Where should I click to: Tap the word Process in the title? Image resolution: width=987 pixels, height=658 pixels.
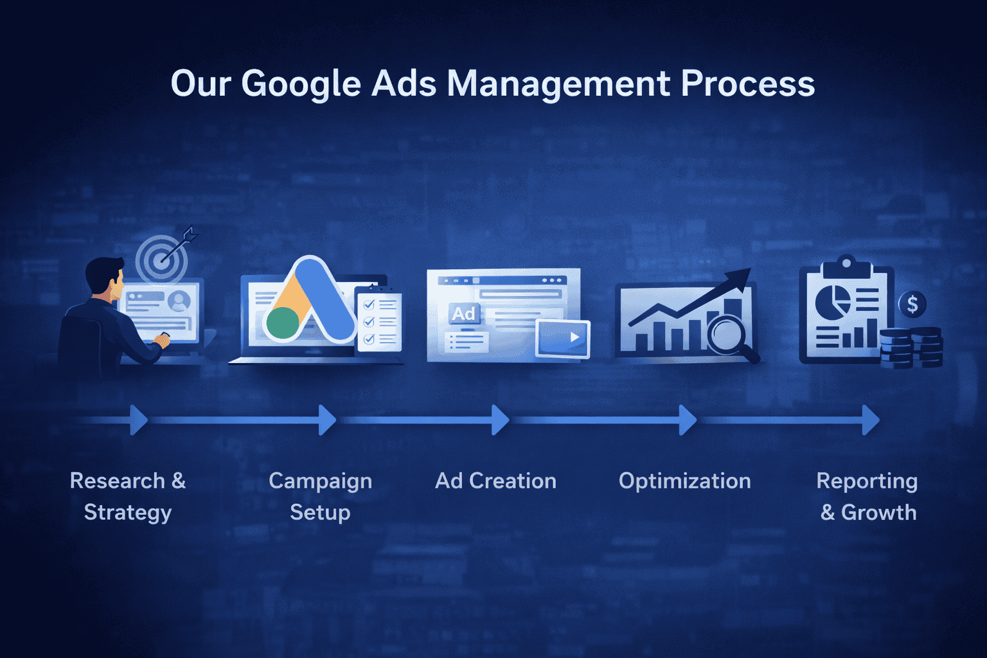tap(748, 84)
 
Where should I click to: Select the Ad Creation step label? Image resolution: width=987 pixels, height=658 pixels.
tap(495, 481)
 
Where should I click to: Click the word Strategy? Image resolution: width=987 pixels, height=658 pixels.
tap(128, 513)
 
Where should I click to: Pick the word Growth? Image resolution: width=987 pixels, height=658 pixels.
tap(878, 512)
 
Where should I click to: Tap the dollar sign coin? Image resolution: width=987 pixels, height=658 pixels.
tap(912, 304)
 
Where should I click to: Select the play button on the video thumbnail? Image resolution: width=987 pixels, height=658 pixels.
tap(574, 337)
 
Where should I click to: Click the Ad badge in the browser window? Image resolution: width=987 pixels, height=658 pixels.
tap(463, 314)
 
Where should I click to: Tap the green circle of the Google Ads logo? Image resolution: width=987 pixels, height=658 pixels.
tap(283, 323)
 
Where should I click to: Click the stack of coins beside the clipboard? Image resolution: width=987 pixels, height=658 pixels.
tap(911, 348)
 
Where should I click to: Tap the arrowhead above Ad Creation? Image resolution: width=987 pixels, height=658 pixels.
tap(501, 420)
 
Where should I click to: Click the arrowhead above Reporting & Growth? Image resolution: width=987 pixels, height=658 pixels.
tap(871, 420)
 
